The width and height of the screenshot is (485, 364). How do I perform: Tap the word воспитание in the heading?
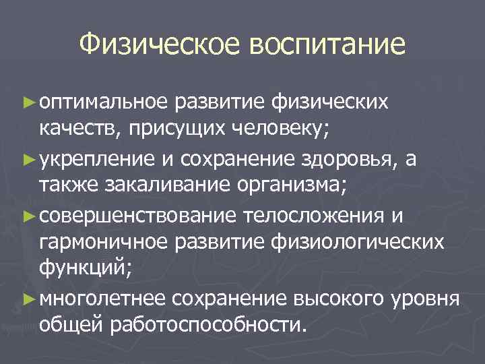[328, 45]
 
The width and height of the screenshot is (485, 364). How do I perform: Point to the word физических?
[331, 102]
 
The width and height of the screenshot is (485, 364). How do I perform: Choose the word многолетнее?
[102, 299]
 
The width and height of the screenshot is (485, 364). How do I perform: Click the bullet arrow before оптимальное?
[28, 102]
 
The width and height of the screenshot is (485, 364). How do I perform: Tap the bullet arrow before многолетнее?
[28, 299]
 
